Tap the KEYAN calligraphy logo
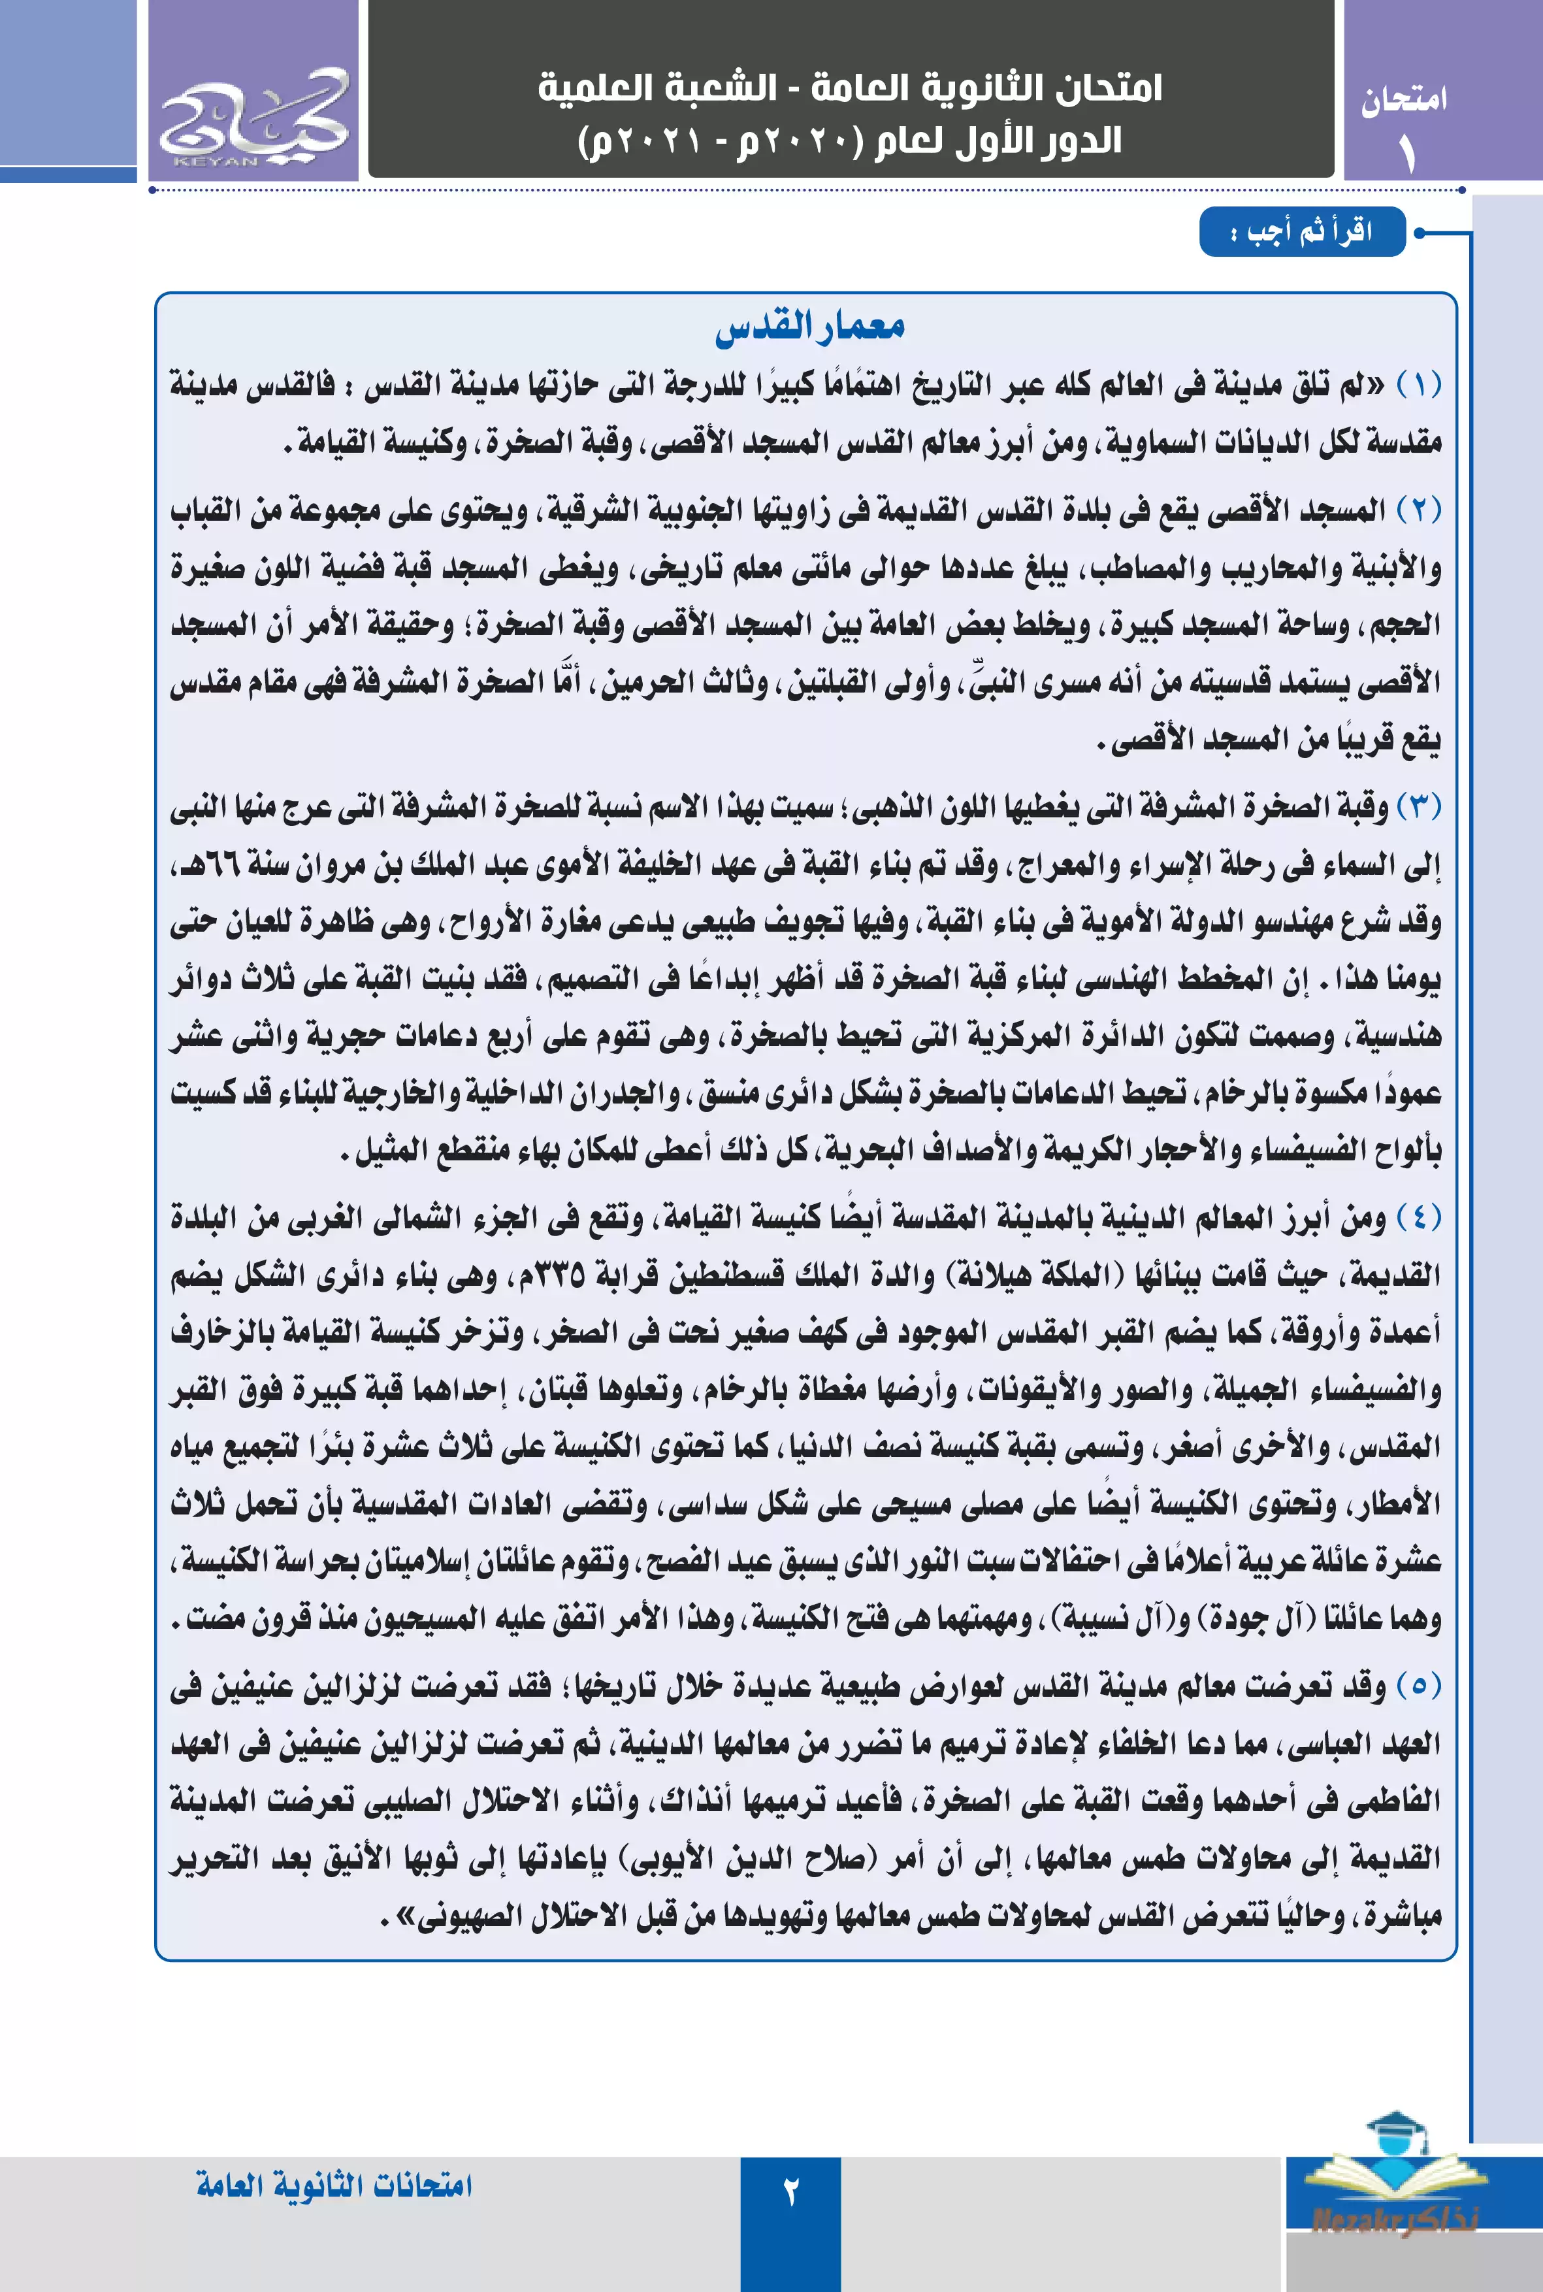254,117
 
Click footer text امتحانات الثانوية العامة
334,2185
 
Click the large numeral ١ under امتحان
1406,152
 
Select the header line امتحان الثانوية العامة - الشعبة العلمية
851,89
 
